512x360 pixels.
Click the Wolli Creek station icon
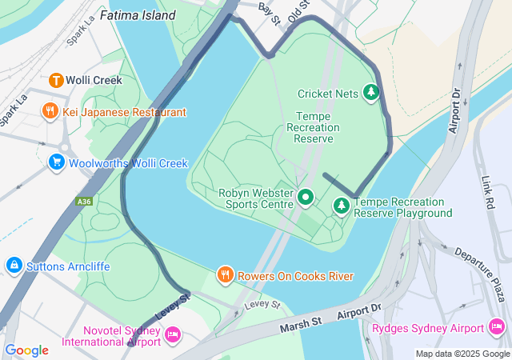[56, 80]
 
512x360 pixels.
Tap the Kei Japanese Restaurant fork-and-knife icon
[50, 112]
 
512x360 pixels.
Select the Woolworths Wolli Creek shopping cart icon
[56, 163]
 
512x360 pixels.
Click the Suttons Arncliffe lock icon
[14, 264]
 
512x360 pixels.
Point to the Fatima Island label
[137, 15]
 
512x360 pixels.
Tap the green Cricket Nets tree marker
[370, 93]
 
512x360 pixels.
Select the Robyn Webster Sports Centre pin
[306, 196]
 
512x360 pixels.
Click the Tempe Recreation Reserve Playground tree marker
[342, 206]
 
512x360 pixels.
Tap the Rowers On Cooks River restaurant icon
[226, 276]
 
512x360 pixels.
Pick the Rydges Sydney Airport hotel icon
[496, 328]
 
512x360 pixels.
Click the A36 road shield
[85, 202]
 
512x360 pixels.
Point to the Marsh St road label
[300, 323]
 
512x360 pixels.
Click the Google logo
[26, 350]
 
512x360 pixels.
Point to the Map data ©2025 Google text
[462, 354]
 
